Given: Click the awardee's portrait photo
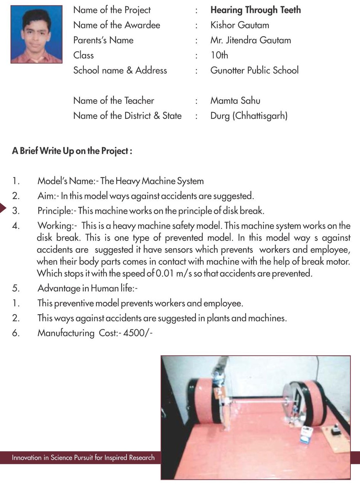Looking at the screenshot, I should point(37,34).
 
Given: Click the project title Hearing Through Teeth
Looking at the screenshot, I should point(255,10).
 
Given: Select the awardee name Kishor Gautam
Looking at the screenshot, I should point(240,25).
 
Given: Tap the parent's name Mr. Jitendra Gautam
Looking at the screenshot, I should point(251,40).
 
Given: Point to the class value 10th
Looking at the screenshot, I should point(219,55).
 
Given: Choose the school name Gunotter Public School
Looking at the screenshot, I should point(254,70).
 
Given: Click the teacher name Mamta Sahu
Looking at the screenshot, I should point(235,100).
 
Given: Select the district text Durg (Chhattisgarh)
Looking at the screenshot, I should point(249,116).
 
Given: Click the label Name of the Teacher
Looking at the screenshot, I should point(114,100).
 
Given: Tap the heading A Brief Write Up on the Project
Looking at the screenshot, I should point(72,151).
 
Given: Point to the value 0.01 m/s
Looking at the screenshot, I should point(173,274).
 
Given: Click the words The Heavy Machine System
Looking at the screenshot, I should point(152,181).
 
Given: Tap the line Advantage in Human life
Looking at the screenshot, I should point(88,288).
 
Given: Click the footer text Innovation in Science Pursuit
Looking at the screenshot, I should point(83,457).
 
